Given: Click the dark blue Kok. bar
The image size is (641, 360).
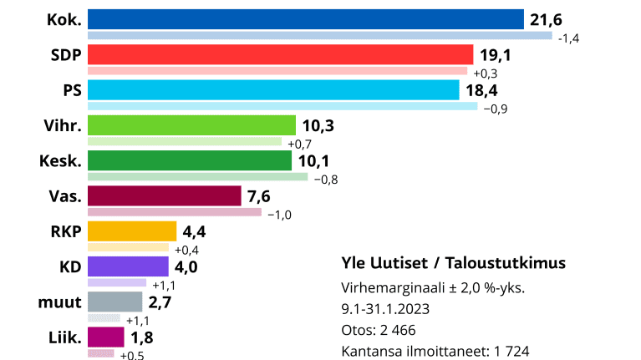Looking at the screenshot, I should pyautogui.click(x=305, y=19).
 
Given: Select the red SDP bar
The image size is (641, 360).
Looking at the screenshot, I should pyautogui.click(x=280, y=54).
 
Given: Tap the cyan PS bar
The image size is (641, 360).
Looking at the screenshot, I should pyautogui.click(x=273, y=89).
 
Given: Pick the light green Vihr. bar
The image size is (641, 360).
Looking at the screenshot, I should pyautogui.click(x=191, y=125).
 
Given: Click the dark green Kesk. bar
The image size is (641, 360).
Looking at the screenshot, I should pyautogui.click(x=190, y=160).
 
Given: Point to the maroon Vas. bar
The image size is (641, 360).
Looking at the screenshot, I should pyautogui.click(x=164, y=195).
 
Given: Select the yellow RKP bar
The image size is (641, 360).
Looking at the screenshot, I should pyautogui.click(x=132, y=231).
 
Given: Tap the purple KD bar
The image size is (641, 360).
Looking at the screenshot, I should pyautogui.click(x=130, y=266).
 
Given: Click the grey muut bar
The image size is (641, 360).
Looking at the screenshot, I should pyautogui.click(x=115, y=302).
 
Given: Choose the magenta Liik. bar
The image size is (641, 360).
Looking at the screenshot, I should pyautogui.click(x=106, y=337).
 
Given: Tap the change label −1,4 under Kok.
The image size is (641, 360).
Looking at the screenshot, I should pyautogui.click(x=569, y=38).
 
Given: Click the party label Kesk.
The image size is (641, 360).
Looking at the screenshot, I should pyautogui.click(x=60, y=160).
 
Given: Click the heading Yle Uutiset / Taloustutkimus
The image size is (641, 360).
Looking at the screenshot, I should pyautogui.click(x=454, y=262).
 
